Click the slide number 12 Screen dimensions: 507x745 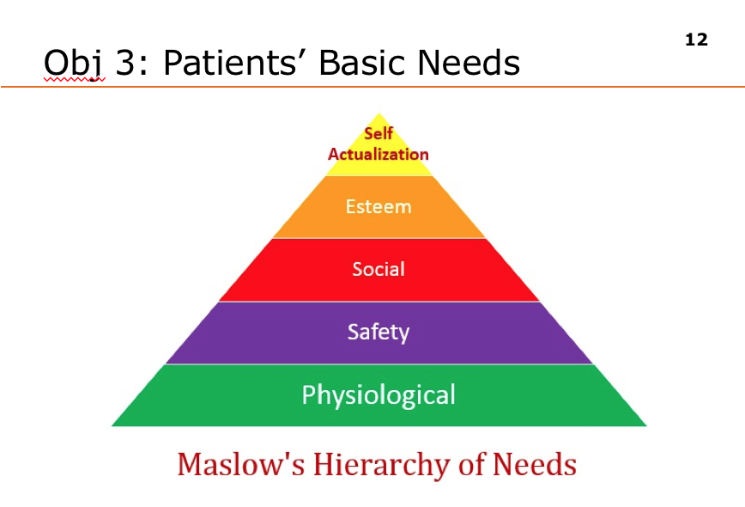[x=697, y=40]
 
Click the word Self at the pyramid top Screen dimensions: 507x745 [x=379, y=134]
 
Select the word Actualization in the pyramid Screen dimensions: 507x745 [x=379, y=155]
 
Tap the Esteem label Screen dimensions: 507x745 [x=379, y=207]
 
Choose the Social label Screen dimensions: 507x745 [x=379, y=269]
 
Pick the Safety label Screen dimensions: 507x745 [x=379, y=332]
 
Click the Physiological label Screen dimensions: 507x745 [x=379, y=394]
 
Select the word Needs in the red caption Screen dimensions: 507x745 [x=535, y=465]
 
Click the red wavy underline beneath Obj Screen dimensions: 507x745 [x=74, y=80]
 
